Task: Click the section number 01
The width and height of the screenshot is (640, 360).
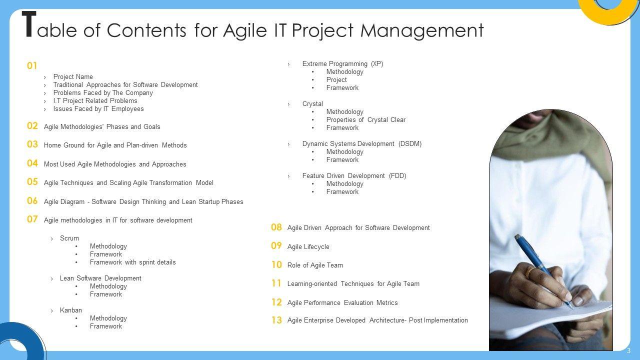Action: coord(32,65)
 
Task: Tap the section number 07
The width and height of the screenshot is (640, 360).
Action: coord(32,219)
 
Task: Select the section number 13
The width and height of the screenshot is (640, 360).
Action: coord(276,320)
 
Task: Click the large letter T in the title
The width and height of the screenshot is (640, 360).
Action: coord(29,24)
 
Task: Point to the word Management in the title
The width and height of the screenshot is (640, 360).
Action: coord(422,31)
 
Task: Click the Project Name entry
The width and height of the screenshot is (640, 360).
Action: coord(73,76)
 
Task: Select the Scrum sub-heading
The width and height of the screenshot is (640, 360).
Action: coord(69,238)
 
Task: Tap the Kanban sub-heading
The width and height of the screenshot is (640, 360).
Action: coord(71,310)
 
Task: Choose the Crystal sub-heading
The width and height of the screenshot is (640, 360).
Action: coord(312,103)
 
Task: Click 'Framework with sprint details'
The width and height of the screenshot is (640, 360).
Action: coord(133,262)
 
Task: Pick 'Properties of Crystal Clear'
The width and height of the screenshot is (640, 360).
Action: coord(366,119)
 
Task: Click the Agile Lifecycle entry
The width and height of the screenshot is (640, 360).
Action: coord(308,246)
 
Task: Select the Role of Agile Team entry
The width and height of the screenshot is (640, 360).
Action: coord(315,265)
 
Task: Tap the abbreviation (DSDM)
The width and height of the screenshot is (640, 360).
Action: coord(410,143)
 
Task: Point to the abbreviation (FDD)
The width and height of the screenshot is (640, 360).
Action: coord(397,175)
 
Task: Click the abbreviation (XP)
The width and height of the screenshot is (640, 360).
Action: coord(377,63)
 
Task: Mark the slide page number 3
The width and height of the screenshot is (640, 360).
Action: coord(628,351)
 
